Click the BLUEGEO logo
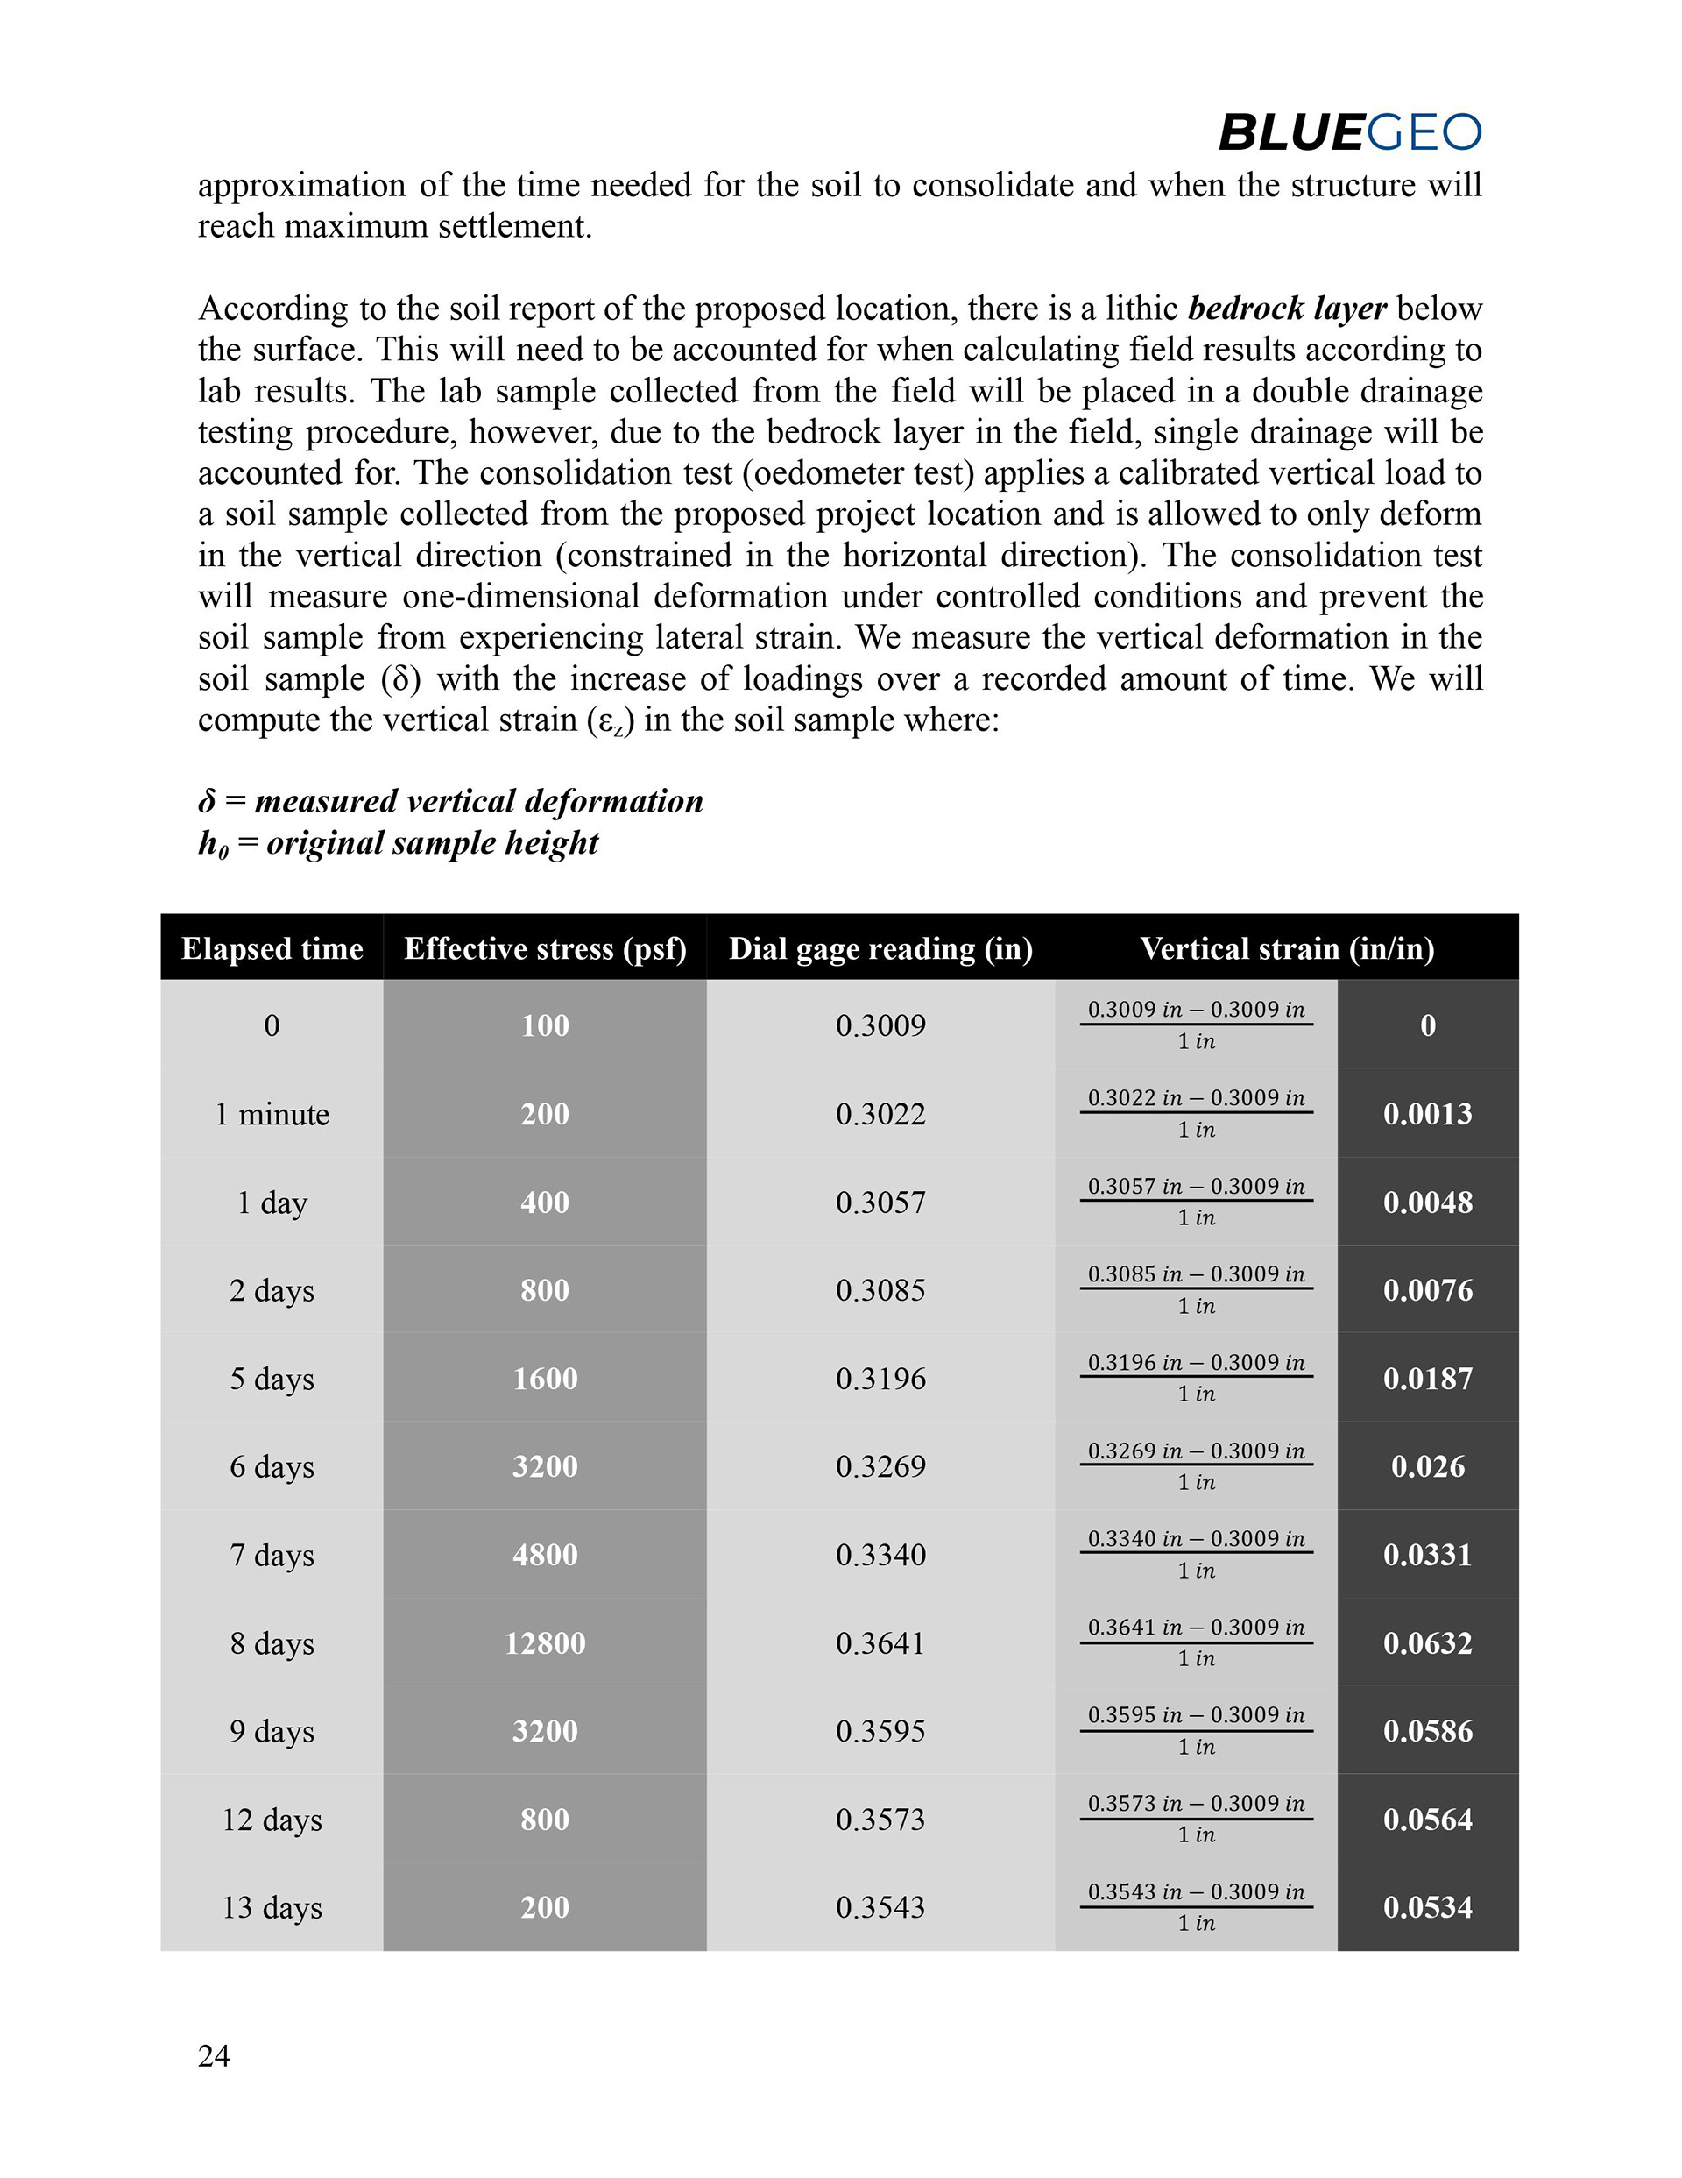[x=1349, y=132]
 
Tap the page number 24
[x=214, y=2055]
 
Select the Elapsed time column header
[x=272, y=948]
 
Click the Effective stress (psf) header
[x=544, y=948]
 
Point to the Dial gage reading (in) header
[x=880, y=948]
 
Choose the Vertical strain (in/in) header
[x=1286, y=948]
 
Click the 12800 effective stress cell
[x=544, y=1642]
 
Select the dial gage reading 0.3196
[x=880, y=1378]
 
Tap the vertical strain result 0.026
[x=1427, y=1466]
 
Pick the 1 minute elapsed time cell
[x=272, y=1114]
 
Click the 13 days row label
[x=272, y=1907]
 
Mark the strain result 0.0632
[x=1427, y=1642]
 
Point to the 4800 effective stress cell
[x=544, y=1555]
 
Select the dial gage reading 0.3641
[x=880, y=1642]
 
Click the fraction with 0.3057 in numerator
[x=1196, y=1202]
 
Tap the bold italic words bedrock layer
[x=1286, y=309]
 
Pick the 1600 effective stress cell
[x=544, y=1378]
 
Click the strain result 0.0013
[x=1427, y=1114]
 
